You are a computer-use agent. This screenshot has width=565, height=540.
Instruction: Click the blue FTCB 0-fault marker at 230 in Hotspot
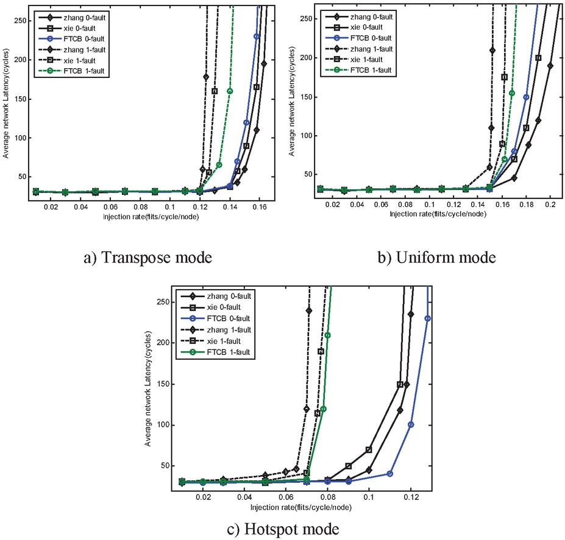coord(428,318)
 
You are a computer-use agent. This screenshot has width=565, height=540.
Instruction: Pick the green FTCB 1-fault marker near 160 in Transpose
coord(230,91)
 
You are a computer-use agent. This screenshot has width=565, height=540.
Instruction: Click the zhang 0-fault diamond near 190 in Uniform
coord(550,66)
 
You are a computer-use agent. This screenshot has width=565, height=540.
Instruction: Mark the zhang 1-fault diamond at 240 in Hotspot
coord(309,310)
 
